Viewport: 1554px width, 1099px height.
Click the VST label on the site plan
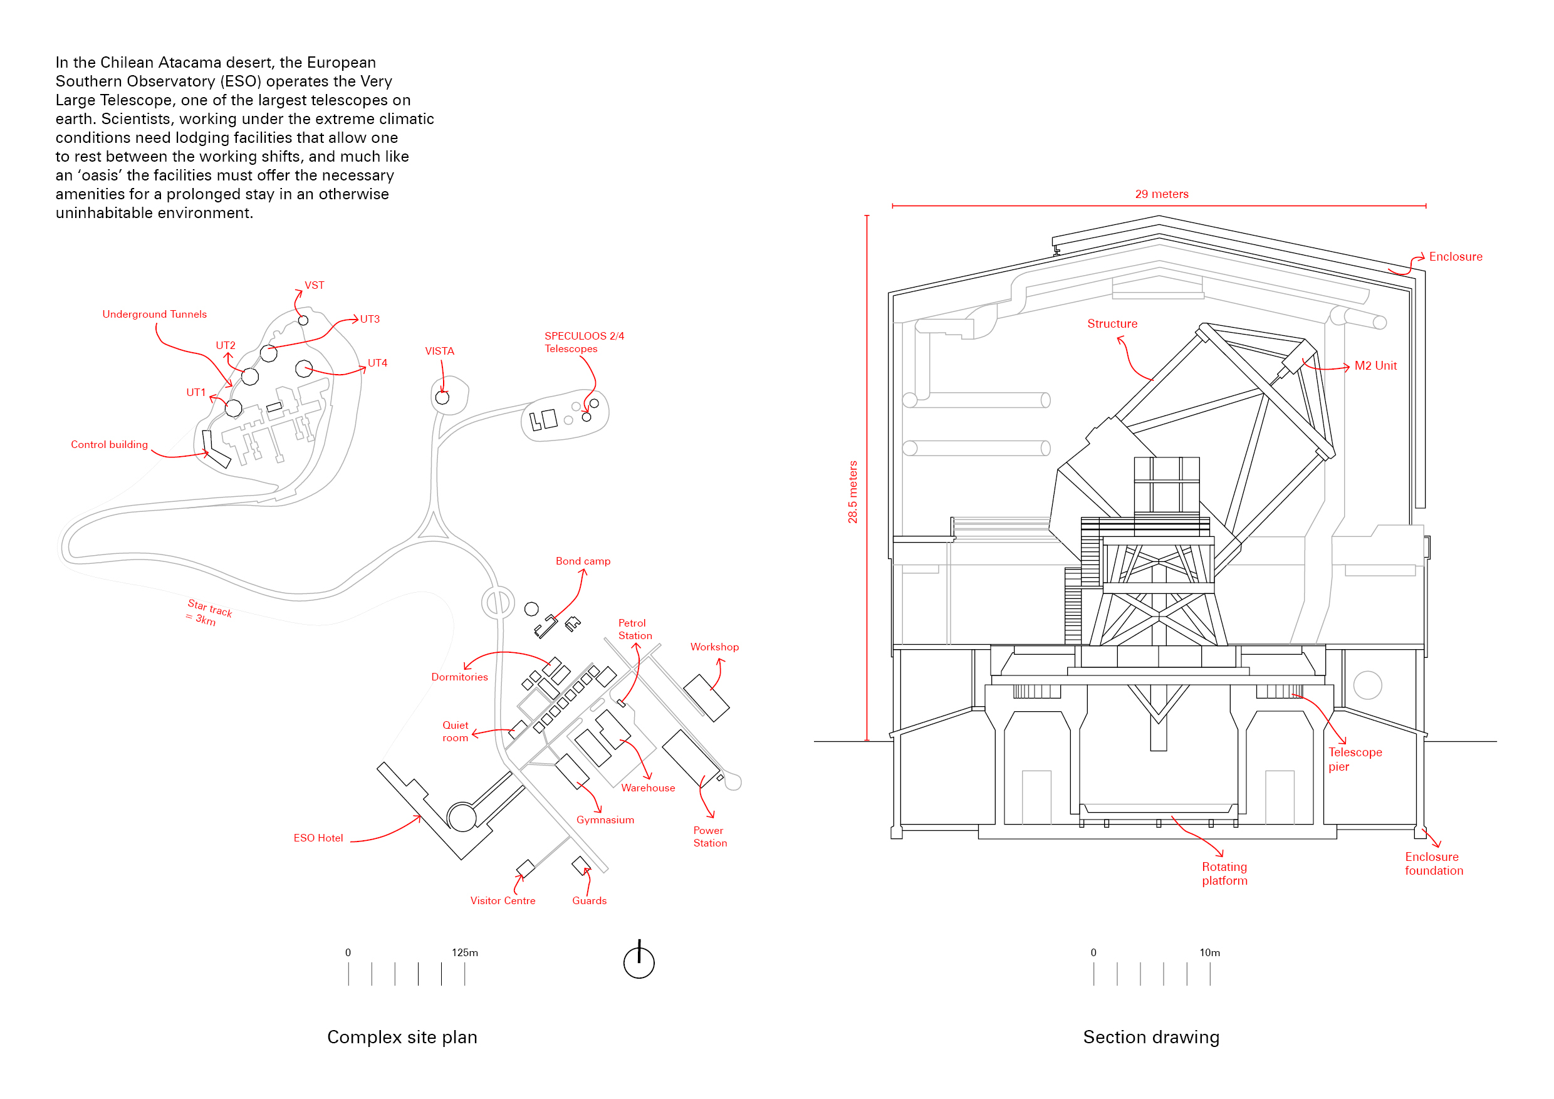click(x=314, y=286)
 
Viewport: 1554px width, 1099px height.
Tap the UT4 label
click(x=378, y=363)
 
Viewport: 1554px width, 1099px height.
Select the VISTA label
click(x=439, y=352)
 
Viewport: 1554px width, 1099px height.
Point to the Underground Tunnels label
click(x=154, y=315)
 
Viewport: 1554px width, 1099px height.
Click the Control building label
click(x=110, y=445)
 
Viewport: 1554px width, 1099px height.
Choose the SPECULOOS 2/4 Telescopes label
click(x=584, y=343)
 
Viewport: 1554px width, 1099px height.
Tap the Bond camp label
click(x=583, y=561)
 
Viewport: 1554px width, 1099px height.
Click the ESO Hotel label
click(x=318, y=838)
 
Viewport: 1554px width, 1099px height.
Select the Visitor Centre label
click(x=503, y=901)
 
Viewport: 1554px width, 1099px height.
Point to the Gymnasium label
click(x=605, y=820)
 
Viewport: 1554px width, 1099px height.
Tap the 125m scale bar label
click(x=465, y=953)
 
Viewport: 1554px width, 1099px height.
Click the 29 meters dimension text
click(x=1162, y=194)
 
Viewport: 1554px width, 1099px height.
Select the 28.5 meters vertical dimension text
click(x=853, y=492)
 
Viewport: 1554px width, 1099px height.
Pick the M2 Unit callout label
click(x=1375, y=366)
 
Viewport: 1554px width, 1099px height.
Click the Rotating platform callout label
click(x=1224, y=873)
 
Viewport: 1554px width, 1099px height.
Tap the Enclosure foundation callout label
click(x=1434, y=863)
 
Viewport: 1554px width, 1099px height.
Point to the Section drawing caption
click(x=1151, y=1038)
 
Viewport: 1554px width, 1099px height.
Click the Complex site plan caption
click(x=402, y=1038)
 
